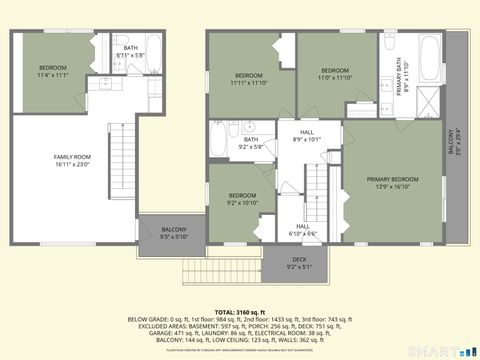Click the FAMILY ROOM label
pyautogui.click(x=71, y=157)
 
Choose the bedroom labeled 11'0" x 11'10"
pyautogui.click(x=335, y=73)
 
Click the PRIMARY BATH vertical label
pyautogui.click(x=398, y=75)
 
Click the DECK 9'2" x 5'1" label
pyautogui.click(x=300, y=263)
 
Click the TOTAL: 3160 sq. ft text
pyautogui.click(x=239, y=311)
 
